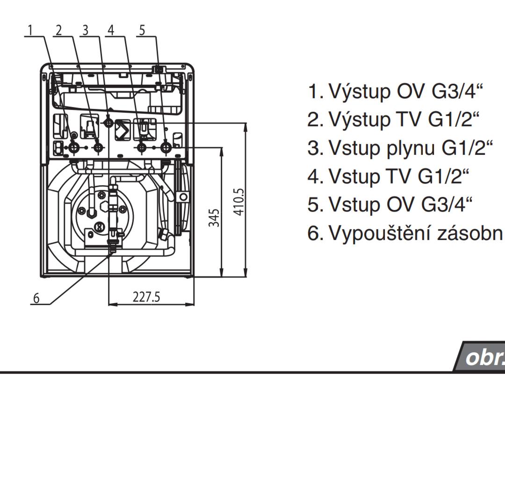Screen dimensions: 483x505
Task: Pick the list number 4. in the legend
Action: pos(316,177)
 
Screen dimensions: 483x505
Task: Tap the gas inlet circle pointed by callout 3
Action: pos(109,123)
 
